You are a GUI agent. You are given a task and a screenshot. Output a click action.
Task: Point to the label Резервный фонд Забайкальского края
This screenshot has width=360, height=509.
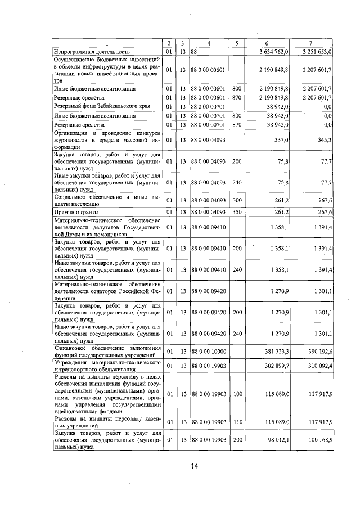(x=100, y=106)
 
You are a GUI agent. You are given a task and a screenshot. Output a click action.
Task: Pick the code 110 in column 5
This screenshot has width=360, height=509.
(x=237, y=421)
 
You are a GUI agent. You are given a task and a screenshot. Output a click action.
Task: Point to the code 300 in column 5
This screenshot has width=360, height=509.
(x=237, y=200)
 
